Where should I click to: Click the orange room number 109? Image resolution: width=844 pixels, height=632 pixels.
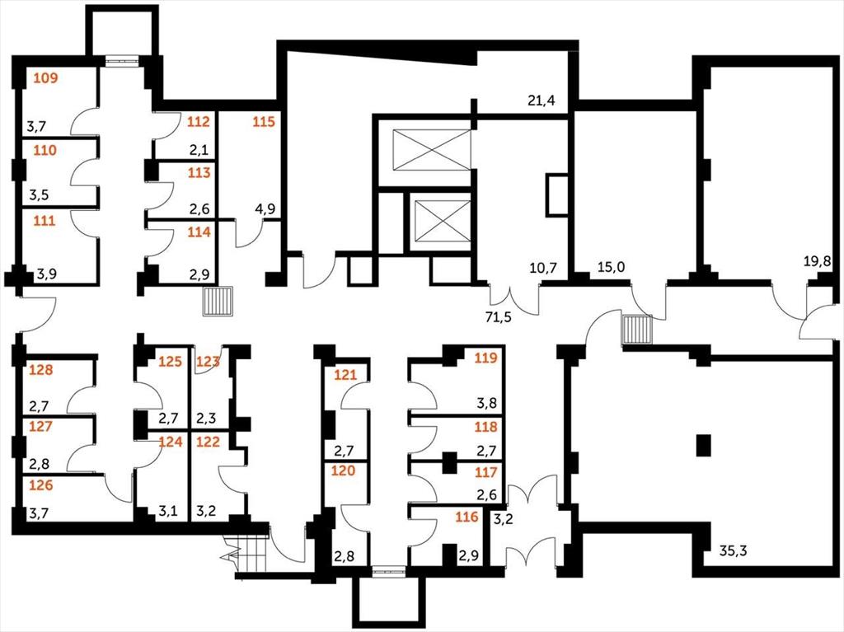45,78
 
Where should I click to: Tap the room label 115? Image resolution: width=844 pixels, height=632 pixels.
264,122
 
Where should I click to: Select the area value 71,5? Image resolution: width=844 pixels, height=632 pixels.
499,317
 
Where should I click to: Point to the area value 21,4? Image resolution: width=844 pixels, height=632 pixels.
541,101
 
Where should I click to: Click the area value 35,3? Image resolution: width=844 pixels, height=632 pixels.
733,550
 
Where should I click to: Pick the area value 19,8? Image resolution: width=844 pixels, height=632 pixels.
818,262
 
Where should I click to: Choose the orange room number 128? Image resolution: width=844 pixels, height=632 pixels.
41,370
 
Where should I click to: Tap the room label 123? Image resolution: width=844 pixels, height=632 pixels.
208,361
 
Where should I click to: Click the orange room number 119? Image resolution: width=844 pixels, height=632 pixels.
485,358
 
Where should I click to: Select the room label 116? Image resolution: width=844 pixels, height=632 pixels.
467,517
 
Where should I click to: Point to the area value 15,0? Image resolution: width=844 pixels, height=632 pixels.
612,266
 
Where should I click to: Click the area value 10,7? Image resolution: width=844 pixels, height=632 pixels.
543,268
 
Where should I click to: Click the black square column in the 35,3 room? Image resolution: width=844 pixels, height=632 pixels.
704,445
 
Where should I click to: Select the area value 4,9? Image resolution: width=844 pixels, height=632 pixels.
265,208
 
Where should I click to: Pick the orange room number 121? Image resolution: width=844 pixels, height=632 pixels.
345,374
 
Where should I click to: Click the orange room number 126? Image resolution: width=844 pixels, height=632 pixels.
41,485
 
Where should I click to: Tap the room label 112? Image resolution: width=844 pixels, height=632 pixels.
198,122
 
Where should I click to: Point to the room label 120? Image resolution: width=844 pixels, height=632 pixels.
343,470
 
